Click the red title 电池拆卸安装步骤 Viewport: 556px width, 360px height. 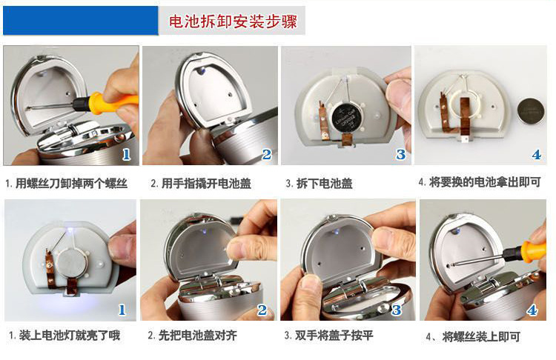point(233,21)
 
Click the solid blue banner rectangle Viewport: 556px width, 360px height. point(81,20)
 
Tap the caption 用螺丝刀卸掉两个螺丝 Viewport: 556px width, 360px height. point(71,184)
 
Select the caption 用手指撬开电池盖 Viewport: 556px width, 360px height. point(206,184)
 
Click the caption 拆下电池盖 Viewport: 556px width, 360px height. point(325,184)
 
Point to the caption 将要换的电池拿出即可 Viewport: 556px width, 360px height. point(485,182)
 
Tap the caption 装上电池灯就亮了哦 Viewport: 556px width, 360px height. point(70,336)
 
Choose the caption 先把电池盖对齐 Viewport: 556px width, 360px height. point(197,336)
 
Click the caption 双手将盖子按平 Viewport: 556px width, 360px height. point(334,336)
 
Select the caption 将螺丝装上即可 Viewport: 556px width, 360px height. point(481,336)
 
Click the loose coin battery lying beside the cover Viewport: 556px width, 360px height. point(531,111)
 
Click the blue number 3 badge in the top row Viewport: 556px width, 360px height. point(400,154)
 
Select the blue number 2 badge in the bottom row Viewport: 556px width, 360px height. point(262,310)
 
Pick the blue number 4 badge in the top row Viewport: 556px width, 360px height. point(537,155)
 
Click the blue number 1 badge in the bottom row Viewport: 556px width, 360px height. point(122,310)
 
